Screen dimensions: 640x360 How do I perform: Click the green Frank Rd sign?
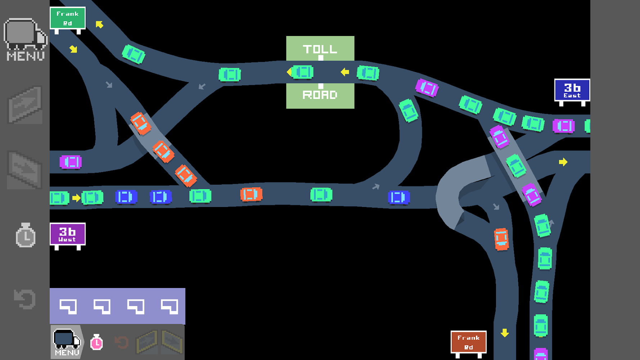point(68,18)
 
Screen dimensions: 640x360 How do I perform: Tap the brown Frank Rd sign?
point(469,342)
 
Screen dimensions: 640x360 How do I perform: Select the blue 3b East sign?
point(572,90)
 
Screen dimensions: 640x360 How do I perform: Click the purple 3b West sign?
point(68,234)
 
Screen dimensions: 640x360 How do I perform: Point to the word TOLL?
point(320,49)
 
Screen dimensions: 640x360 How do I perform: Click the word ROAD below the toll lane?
point(320,95)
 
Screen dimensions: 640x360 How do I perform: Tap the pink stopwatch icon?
point(96,342)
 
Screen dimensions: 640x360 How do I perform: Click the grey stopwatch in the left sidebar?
point(26,235)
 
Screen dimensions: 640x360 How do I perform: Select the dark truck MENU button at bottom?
point(67,342)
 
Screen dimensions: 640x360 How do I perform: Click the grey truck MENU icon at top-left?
point(26,39)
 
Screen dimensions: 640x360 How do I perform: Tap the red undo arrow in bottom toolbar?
point(122,342)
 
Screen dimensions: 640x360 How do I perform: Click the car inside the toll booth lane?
point(302,72)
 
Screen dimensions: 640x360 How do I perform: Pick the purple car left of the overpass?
point(71,162)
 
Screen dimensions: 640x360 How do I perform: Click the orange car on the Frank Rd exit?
point(501,239)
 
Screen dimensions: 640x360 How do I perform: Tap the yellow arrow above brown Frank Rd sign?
point(505,333)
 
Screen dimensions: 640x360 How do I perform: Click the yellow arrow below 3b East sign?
point(563,162)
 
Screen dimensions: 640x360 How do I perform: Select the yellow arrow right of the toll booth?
point(345,72)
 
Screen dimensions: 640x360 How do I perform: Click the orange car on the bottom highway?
point(251,194)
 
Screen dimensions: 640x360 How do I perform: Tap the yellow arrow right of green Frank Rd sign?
point(99,24)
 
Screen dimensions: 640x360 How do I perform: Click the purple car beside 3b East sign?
point(564,126)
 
